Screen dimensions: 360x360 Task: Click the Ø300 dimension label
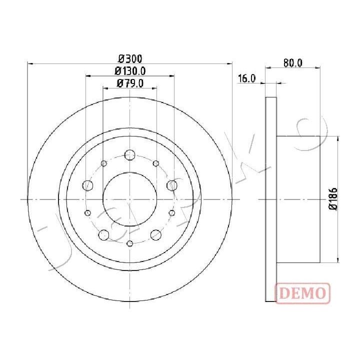click(130, 59)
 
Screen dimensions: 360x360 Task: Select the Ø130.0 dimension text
click(130, 71)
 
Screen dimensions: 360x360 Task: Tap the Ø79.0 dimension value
click(130, 83)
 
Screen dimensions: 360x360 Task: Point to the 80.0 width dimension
click(292, 63)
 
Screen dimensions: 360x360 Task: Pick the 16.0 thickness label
click(246, 78)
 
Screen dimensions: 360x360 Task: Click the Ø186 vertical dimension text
click(333, 198)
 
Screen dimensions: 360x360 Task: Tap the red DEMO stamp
click(303, 293)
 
